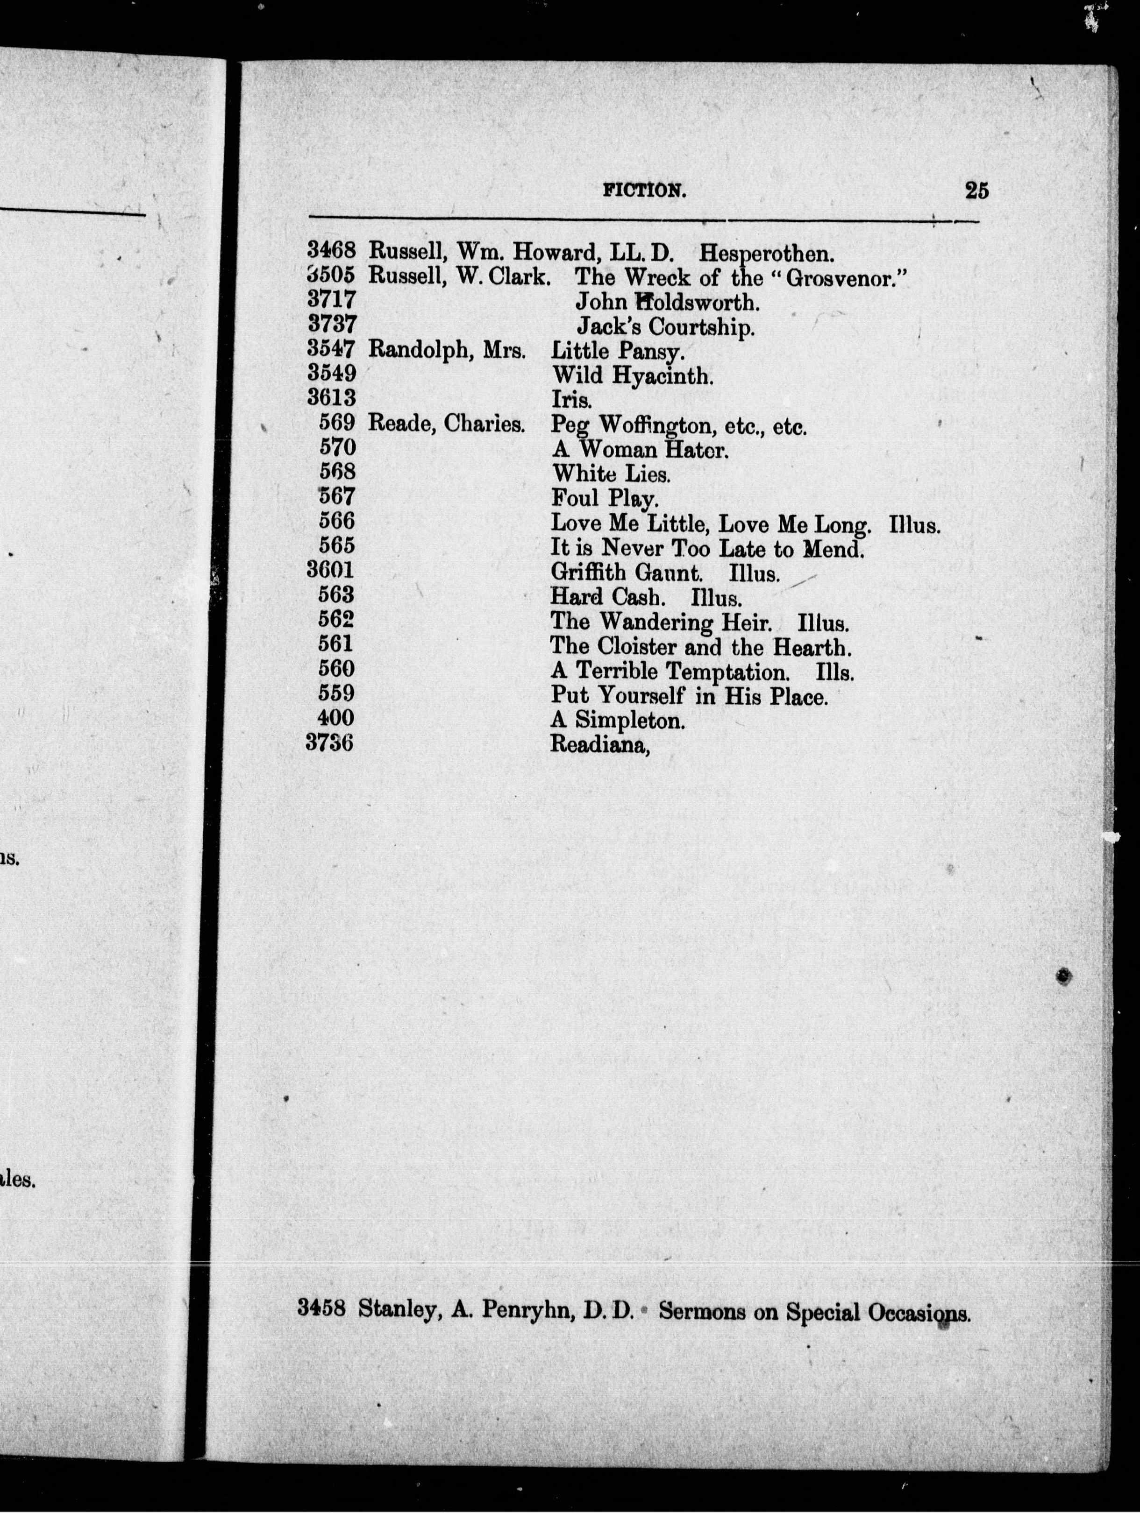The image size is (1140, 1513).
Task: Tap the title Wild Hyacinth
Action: click(x=632, y=375)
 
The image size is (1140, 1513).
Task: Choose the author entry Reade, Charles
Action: click(x=446, y=424)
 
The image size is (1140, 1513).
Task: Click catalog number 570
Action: click(x=337, y=448)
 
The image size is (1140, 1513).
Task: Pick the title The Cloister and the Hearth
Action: click(x=701, y=646)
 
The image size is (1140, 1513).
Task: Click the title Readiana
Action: click(x=599, y=743)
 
